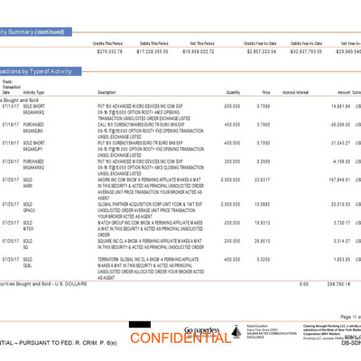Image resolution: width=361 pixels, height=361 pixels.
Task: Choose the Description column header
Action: pyautogui.click(x=107, y=92)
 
